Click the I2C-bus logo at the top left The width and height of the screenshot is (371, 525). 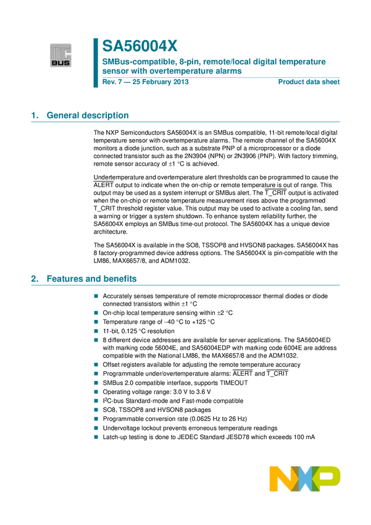tap(60, 54)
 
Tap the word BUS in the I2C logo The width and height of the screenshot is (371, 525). tap(60, 61)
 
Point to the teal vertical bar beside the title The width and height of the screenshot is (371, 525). tap(96, 62)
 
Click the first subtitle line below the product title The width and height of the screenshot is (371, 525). tap(214, 62)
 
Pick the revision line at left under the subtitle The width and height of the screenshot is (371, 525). tap(145, 81)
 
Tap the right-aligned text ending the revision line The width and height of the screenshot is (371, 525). tap(309, 81)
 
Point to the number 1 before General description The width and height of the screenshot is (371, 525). tap(33, 115)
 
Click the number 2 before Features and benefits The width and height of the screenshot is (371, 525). tap(33, 279)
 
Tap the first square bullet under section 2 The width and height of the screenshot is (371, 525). tap(96, 296)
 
